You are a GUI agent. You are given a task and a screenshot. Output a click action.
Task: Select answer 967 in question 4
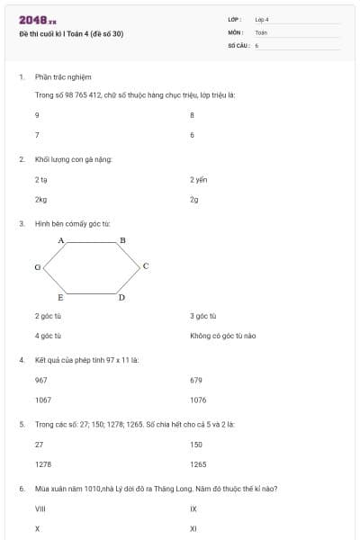pyautogui.click(x=40, y=380)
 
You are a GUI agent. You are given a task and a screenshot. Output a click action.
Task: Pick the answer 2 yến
pyautogui.click(x=199, y=179)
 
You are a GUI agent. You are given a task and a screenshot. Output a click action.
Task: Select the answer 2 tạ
pyautogui.click(x=40, y=179)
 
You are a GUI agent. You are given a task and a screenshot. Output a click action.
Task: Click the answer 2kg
pyautogui.click(x=40, y=199)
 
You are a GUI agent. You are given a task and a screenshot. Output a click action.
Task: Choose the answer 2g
pyautogui.click(x=193, y=199)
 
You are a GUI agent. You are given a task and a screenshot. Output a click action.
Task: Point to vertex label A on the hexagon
pyautogui.click(x=61, y=240)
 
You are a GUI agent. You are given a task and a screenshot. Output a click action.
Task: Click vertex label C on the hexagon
pyautogui.click(x=145, y=266)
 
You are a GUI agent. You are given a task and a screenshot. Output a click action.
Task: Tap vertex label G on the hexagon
pyautogui.click(x=37, y=267)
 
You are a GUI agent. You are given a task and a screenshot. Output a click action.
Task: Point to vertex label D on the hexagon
pyautogui.click(x=121, y=297)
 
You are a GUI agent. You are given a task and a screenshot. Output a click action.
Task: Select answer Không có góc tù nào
pyautogui.click(x=223, y=336)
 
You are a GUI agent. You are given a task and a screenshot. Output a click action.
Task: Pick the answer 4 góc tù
pyautogui.click(x=48, y=336)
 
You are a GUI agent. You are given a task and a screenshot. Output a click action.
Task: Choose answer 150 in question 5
pyautogui.click(x=196, y=445)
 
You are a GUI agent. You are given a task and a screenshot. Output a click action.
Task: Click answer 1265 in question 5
pyautogui.click(x=198, y=464)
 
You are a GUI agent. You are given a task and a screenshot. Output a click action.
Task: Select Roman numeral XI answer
pyautogui.click(x=193, y=528)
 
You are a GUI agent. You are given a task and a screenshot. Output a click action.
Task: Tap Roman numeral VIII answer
pyautogui.click(x=40, y=508)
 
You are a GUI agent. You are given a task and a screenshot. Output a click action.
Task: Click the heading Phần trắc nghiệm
pyautogui.click(x=63, y=77)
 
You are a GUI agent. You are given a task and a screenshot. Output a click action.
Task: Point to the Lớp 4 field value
pyautogui.click(x=262, y=18)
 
